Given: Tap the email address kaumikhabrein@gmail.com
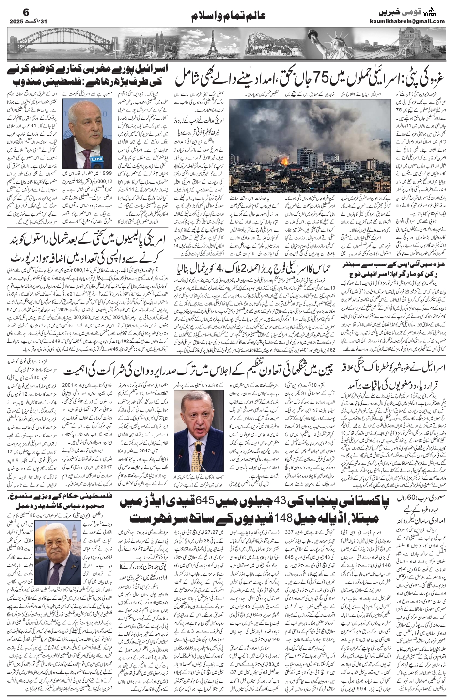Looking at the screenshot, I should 412,21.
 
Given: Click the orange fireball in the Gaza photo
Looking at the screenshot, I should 284,158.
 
